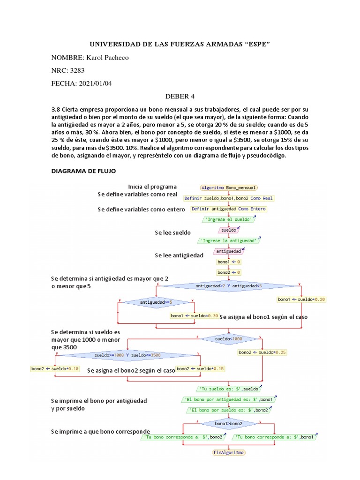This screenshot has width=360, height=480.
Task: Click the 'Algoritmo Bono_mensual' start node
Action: tap(228, 187)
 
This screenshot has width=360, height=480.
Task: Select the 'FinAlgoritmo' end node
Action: tap(229, 452)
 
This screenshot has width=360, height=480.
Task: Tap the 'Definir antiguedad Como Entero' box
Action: tap(229, 209)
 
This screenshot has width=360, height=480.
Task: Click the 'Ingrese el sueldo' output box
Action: tap(229, 219)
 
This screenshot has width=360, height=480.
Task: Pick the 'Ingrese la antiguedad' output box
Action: tap(229, 240)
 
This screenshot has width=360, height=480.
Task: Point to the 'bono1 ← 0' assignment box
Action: tap(229, 262)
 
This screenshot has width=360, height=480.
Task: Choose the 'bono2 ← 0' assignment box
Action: tap(229, 272)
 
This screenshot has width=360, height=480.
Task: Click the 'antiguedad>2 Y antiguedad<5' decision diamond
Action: tap(229, 285)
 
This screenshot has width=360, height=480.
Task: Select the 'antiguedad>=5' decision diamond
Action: tap(156, 302)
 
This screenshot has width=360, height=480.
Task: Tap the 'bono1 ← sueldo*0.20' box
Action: tap(301, 299)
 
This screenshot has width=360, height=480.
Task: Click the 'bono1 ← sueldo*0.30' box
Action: tap(195, 315)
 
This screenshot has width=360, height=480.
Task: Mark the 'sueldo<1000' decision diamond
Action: tap(229, 338)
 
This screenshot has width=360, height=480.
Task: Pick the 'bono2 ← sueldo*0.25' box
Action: tap(262, 352)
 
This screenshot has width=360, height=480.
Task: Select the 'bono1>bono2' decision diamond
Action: tap(229, 423)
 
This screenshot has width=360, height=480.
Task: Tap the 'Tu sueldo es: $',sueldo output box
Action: tap(229, 389)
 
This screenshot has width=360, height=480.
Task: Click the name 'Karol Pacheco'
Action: tap(106, 58)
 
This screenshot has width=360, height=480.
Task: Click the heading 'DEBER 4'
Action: tap(180, 97)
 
